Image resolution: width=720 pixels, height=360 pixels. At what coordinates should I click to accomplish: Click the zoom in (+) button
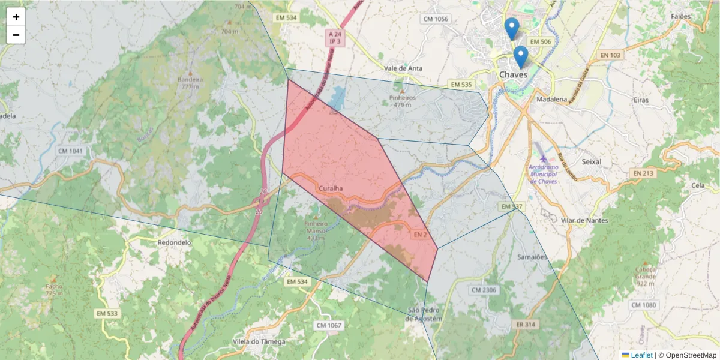pos(16,17)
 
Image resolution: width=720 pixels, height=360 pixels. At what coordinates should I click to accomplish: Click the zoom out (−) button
pos(16,35)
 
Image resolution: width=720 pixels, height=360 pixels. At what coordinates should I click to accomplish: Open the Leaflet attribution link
pos(641,355)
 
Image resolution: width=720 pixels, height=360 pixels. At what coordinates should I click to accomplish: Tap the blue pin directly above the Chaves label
pos(521,57)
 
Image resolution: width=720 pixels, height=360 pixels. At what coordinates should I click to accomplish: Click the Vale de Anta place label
pos(403,68)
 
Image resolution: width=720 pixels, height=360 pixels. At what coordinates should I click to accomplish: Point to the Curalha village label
pos(331,188)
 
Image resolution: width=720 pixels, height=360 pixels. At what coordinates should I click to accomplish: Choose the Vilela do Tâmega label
pos(258,341)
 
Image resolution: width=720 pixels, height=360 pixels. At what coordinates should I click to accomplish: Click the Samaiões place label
pos(532,257)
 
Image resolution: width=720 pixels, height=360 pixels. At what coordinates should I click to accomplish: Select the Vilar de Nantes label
pos(584,220)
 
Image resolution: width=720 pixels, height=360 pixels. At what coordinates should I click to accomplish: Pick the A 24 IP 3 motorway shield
pos(335,38)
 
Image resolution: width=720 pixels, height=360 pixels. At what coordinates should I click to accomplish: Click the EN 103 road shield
pos(610,55)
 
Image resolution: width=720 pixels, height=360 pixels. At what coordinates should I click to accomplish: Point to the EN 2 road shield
pos(420,234)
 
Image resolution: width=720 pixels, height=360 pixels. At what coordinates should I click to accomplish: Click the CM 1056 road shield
pos(436,19)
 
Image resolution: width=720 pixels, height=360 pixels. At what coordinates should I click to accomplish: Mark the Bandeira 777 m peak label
pos(190,83)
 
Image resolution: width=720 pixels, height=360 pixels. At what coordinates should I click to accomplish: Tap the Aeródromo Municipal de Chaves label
pos(544,173)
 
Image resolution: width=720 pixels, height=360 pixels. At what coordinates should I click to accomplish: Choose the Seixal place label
pos(592,162)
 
